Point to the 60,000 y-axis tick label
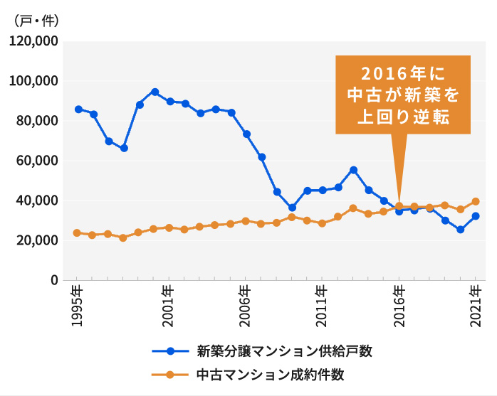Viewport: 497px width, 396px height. click(x=35, y=161)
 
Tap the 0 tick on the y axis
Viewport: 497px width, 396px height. click(x=53, y=280)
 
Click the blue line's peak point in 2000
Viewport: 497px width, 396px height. click(x=155, y=92)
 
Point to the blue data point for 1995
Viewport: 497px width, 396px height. click(x=78, y=109)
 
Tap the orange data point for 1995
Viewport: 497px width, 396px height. click(x=78, y=232)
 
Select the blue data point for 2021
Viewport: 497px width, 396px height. click(x=476, y=216)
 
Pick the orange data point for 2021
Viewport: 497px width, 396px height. click(x=476, y=201)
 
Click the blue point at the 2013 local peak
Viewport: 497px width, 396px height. click(x=353, y=170)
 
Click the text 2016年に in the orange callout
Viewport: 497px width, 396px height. click(x=403, y=73)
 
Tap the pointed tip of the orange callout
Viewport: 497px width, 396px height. click(x=399, y=204)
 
